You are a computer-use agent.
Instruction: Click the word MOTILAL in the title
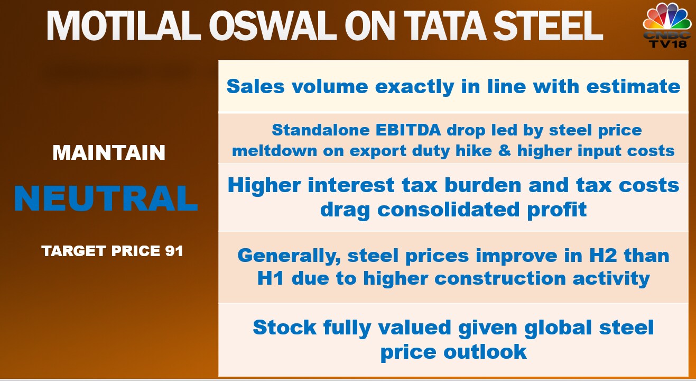124,26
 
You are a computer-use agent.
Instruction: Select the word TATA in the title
444,26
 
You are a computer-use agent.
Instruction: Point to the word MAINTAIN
109,152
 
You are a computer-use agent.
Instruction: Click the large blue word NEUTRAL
106,198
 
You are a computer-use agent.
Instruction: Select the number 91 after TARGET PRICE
174,251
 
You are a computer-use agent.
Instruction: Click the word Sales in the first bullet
255,86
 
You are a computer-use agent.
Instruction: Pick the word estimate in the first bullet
633,86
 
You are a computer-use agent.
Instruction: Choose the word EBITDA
408,130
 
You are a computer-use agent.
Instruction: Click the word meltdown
275,151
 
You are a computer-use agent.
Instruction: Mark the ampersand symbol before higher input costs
504,151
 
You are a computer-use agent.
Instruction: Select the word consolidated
448,209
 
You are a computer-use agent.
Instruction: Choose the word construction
500,278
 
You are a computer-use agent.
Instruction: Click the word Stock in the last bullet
285,328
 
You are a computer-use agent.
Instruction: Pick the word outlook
485,352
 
